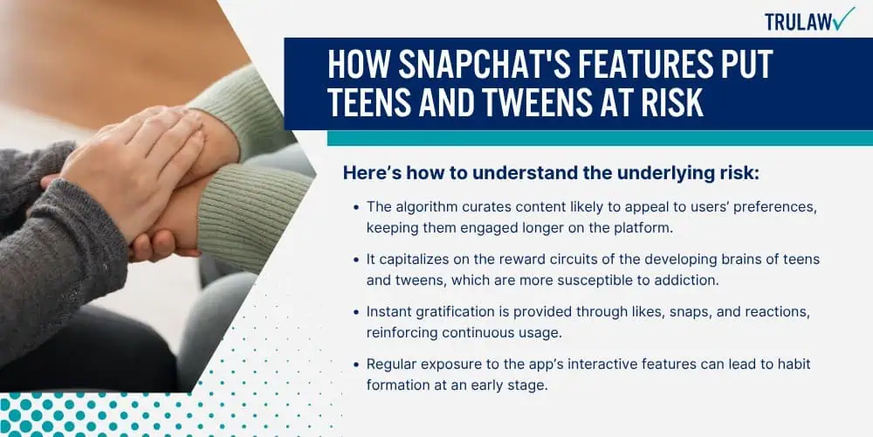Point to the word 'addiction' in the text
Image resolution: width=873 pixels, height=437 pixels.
(690, 281)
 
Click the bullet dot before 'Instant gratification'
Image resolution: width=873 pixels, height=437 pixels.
(356, 312)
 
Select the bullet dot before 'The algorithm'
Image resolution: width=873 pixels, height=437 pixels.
(356, 207)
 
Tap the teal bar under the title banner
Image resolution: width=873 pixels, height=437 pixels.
(600, 138)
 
